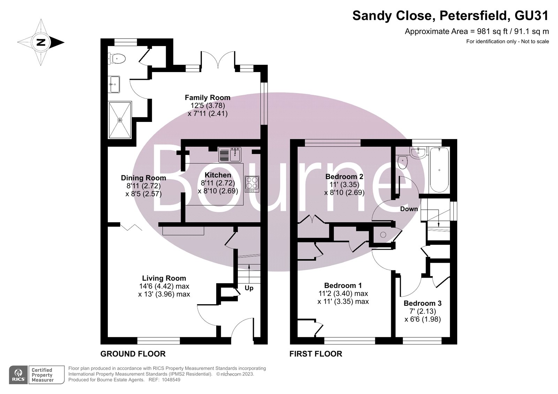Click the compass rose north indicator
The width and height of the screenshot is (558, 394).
click(x=41, y=43)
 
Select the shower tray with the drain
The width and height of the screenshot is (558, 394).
click(x=120, y=120)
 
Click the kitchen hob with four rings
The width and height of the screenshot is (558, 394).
click(x=252, y=184)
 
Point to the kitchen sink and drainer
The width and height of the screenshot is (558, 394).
click(x=230, y=155)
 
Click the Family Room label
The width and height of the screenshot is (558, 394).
click(x=208, y=98)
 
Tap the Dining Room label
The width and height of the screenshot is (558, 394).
click(x=143, y=178)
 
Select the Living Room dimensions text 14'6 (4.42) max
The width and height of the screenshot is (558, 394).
click(x=164, y=286)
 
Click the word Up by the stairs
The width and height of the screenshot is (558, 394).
click(x=249, y=288)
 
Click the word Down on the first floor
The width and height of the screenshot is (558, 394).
click(x=409, y=209)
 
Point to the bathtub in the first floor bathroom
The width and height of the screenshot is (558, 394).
click(x=439, y=170)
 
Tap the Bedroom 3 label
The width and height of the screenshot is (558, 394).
click(x=422, y=303)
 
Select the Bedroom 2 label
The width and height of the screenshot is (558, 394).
click(x=344, y=177)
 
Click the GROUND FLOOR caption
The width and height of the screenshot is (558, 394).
click(x=133, y=354)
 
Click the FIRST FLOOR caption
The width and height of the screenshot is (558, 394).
click(x=316, y=354)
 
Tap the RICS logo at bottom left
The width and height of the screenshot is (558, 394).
click(x=18, y=375)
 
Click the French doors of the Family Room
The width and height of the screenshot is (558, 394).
click(x=218, y=60)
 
